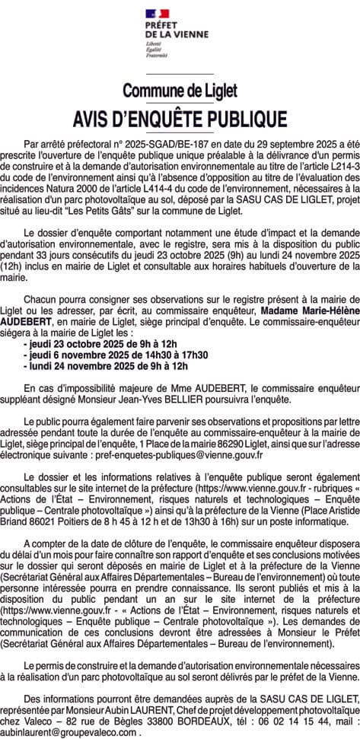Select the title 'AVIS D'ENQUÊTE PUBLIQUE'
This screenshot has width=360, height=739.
click(180, 119)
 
